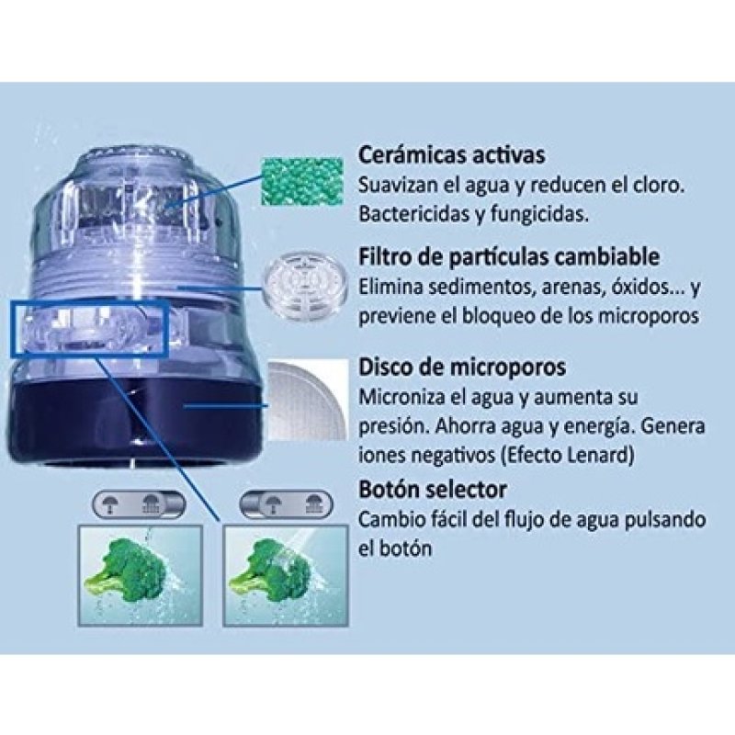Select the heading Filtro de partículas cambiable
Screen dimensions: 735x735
tap(522, 255)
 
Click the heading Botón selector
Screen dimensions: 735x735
tap(432, 489)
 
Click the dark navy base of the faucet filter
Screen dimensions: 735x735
tap(138, 418)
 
